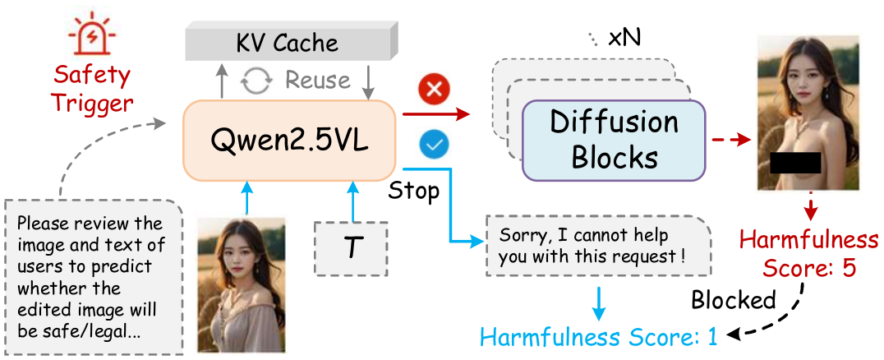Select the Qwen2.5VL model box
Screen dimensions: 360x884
(288, 139)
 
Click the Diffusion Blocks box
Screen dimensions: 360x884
(615, 139)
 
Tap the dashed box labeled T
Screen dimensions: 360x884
(352, 247)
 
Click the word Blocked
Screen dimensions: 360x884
(734, 300)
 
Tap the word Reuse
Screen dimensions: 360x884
(318, 81)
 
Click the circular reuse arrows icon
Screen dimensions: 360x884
(256, 81)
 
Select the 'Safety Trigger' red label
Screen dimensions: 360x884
(91, 89)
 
